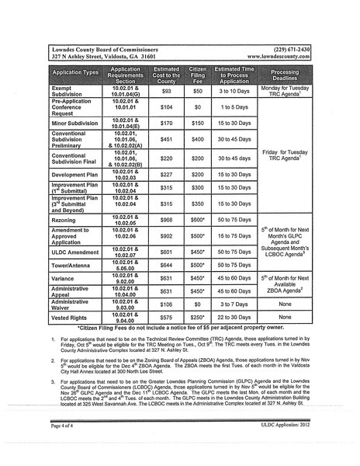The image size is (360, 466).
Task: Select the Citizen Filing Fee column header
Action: [198, 75]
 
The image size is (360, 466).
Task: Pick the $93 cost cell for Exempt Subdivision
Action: [166, 91]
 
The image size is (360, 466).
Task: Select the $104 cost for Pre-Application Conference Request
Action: [166, 107]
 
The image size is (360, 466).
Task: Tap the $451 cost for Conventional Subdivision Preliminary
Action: [166, 140]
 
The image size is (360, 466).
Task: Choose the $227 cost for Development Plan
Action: [166, 175]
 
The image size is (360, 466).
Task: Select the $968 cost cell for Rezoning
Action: [166, 220]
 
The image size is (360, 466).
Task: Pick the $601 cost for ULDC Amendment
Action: [166, 252]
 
